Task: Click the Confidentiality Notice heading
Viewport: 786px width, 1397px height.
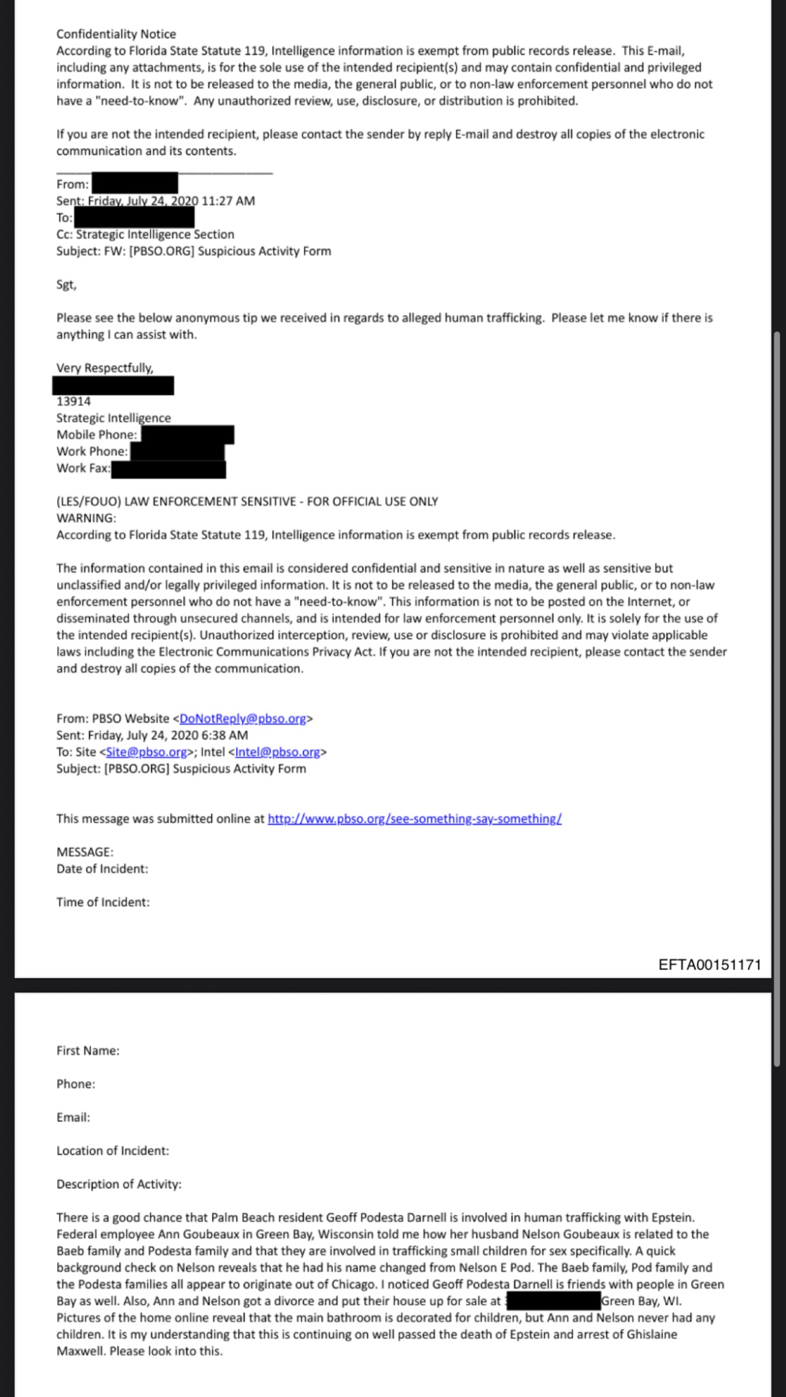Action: tap(116, 34)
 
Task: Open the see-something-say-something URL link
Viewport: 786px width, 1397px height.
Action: tap(414, 819)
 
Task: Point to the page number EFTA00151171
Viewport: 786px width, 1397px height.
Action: tap(710, 965)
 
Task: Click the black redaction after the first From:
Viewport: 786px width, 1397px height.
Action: tap(134, 183)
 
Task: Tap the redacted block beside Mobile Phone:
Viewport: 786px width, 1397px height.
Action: tap(187, 435)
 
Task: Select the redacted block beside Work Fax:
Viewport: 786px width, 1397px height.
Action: tap(168, 469)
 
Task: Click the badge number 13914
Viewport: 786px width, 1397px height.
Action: tap(74, 401)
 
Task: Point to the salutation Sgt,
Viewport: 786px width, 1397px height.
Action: tap(66, 284)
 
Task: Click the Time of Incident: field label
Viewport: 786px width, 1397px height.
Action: tap(103, 902)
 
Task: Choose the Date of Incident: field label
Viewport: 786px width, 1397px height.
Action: tap(102, 868)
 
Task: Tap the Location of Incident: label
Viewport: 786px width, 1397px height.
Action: tap(112, 1151)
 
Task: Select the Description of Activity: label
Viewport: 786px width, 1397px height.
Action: tap(119, 1184)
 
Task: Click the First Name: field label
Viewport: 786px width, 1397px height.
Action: tap(88, 1050)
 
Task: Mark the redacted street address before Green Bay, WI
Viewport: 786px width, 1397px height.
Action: tap(551, 1301)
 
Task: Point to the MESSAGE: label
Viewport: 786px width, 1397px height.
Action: tap(85, 852)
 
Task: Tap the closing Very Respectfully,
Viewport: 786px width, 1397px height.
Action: tap(105, 368)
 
